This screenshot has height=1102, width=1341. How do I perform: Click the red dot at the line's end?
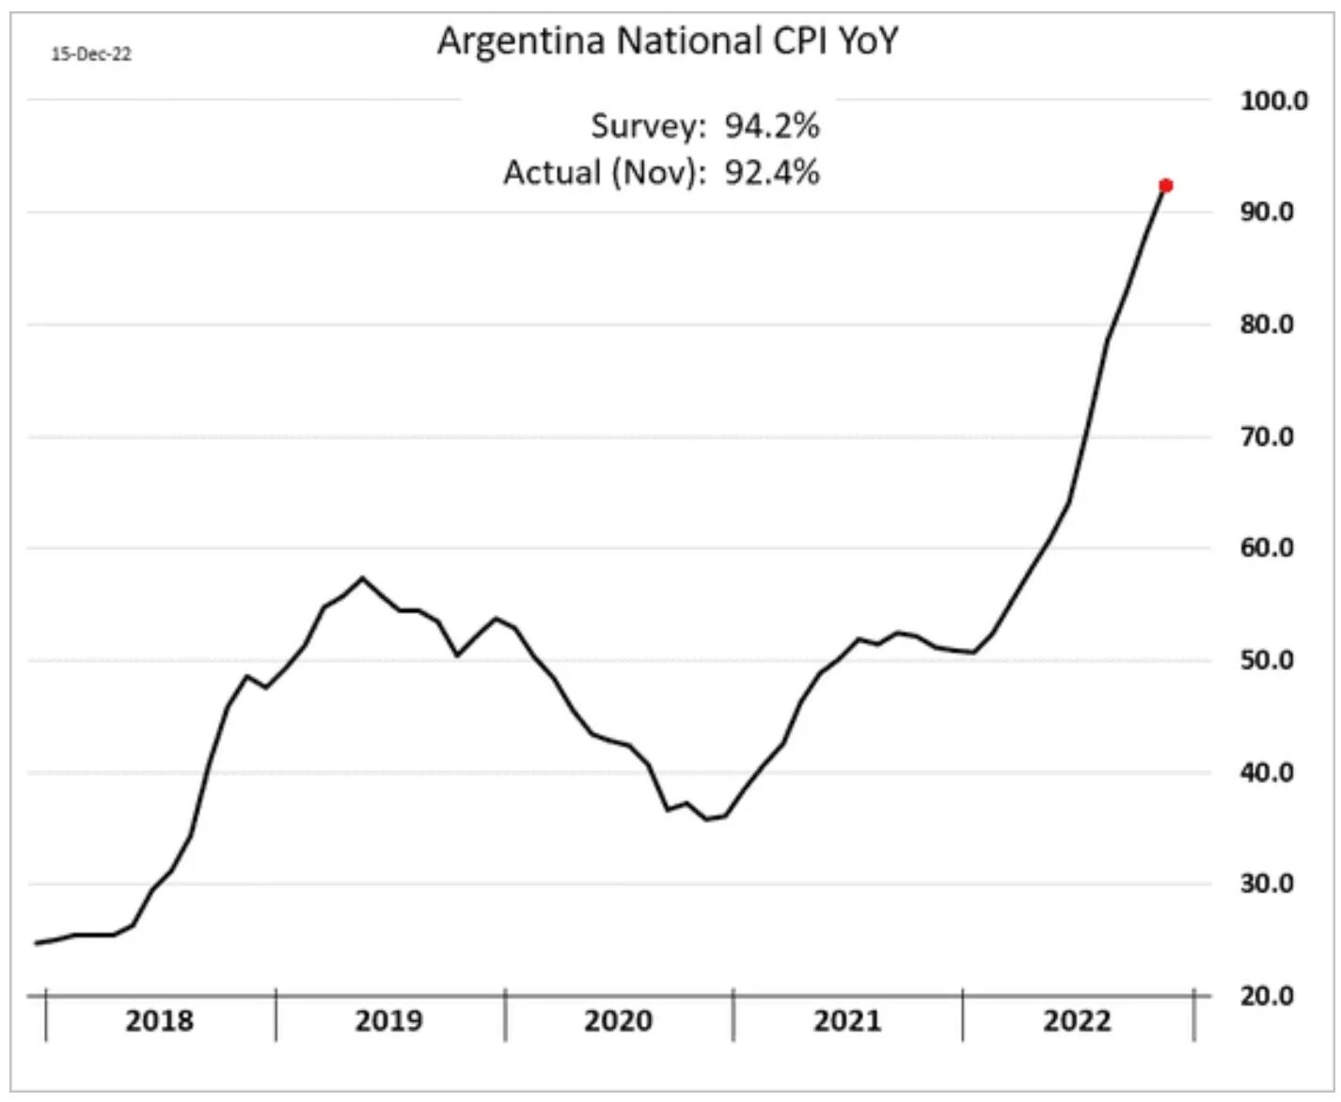tap(1166, 185)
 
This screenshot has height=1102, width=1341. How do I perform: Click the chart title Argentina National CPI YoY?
tap(668, 42)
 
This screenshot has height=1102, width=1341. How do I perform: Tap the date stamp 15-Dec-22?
tap(91, 55)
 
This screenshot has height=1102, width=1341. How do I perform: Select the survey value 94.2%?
tap(771, 125)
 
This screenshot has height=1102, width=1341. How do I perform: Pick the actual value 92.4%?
tap(771, 172)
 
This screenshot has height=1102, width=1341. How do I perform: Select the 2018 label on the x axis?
tap(159, 1021)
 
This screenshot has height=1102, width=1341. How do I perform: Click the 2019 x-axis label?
tap(388, 1021)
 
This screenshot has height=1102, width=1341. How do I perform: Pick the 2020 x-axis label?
tap(618, 1021)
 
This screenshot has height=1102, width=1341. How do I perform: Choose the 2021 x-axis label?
tap(847, 1021)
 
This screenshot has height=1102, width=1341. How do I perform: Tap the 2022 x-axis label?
tap(1077, 1021)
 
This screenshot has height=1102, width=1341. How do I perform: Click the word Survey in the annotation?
tap(646, 126)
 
